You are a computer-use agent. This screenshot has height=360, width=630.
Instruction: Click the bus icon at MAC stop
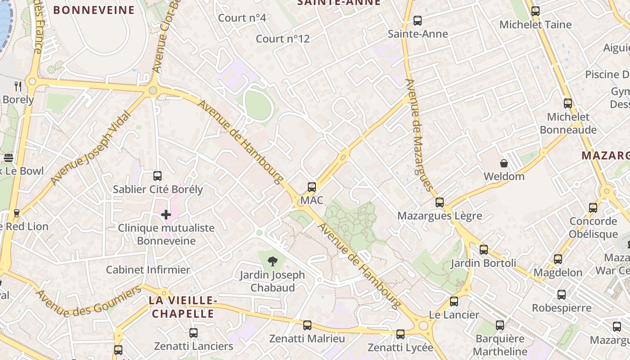(x=311, y=187)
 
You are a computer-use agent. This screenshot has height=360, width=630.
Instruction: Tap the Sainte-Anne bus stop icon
(x=418, y=21)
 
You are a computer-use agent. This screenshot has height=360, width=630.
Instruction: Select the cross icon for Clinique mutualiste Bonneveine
(x=166, y=215)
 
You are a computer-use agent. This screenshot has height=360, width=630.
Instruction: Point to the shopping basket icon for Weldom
(x=504, y=163)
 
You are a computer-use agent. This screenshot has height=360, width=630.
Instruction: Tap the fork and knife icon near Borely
(x=18, y=86)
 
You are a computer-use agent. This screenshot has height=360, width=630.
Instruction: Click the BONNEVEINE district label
(x=94, y=10)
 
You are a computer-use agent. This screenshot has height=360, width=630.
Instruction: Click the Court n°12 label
(x=283, y=39)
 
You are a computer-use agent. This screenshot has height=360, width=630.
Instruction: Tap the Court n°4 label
(x=242, y=18)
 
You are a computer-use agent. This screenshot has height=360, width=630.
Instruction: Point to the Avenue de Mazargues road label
(x=418, y=135)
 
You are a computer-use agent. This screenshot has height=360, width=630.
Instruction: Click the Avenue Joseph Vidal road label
(x=90, y=148)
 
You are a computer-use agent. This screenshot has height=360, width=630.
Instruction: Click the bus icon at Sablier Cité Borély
(x=157, y=176)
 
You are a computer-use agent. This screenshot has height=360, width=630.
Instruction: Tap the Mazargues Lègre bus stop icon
(x=440, y=202)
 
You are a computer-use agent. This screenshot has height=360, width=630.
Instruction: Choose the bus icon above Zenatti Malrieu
(x=307, y=325)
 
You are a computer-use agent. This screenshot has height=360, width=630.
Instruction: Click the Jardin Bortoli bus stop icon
(x=484, y=249)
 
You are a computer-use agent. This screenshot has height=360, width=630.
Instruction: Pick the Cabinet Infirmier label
(x=148, y=270)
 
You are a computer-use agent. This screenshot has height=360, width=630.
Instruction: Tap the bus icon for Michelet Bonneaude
(x=568, y=103)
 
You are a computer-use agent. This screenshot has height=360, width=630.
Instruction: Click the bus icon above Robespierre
(x=562, y=295)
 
